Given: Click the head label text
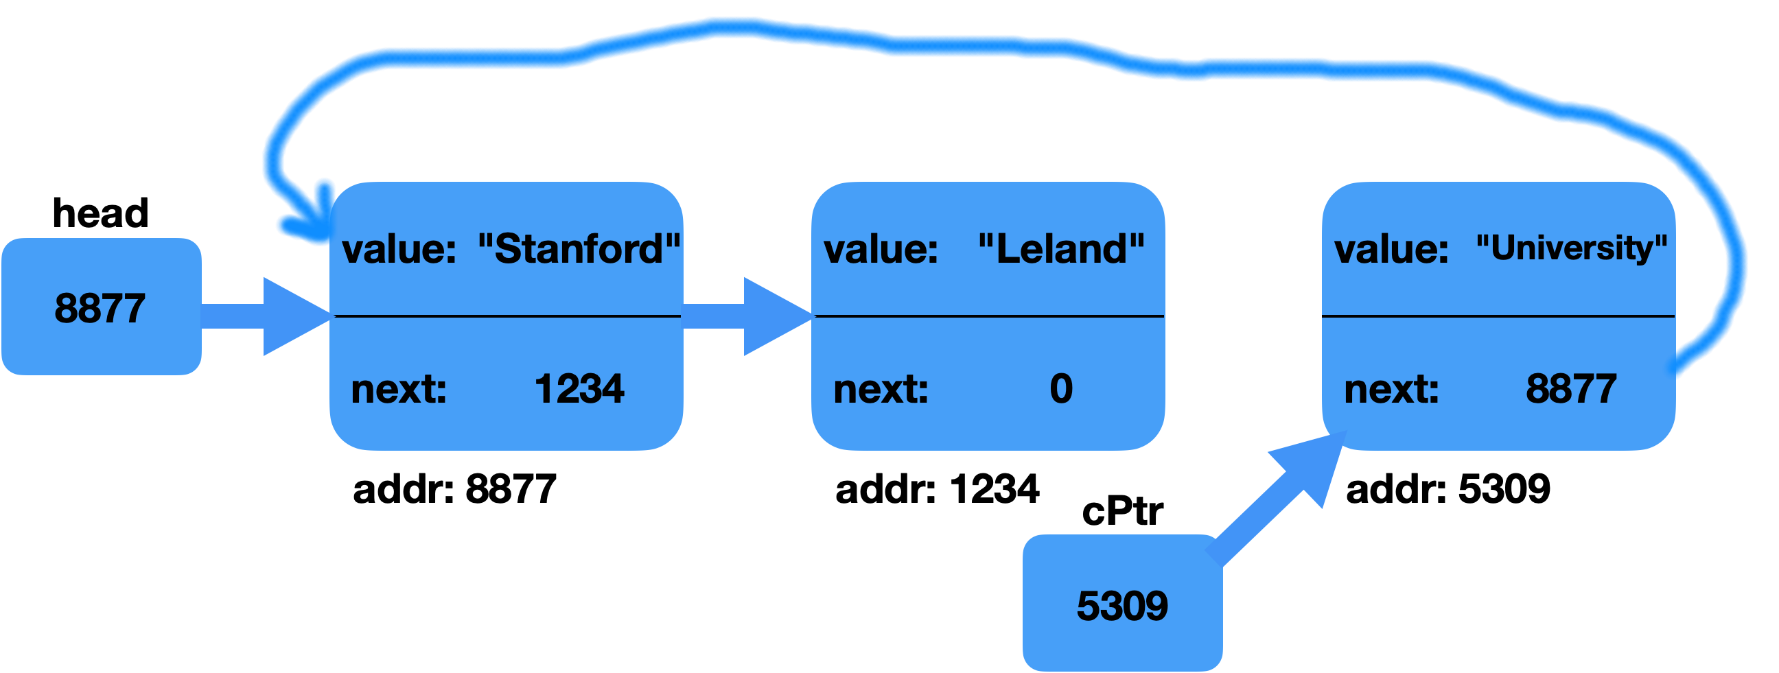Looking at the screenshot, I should click(101, 213).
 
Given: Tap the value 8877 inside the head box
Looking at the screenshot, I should click(100, 309).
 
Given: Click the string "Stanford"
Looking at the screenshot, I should click(579, 249).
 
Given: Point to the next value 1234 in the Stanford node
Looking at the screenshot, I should click(579, 389).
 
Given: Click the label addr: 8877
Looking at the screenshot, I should click(454, 490).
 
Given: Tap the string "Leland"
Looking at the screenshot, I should click(1062, 249).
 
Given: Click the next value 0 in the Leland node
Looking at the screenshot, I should click(1061, 389).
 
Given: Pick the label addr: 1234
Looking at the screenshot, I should click(937, 490).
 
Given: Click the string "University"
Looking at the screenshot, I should click(1571, 248).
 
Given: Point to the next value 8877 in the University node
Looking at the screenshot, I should click(1571, 389).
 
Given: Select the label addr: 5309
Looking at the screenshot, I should click(1448, 490).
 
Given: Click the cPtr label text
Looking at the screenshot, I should click(1122, 512).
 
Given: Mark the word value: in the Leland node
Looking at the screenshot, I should click(881, 249).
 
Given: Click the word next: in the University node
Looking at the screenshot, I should click(1392, 390).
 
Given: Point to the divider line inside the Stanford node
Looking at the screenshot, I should click(508, 317).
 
